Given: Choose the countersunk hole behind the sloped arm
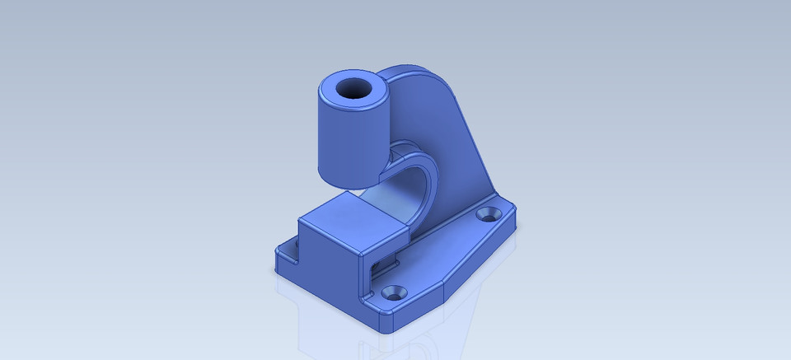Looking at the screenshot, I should [x=489, y=214].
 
